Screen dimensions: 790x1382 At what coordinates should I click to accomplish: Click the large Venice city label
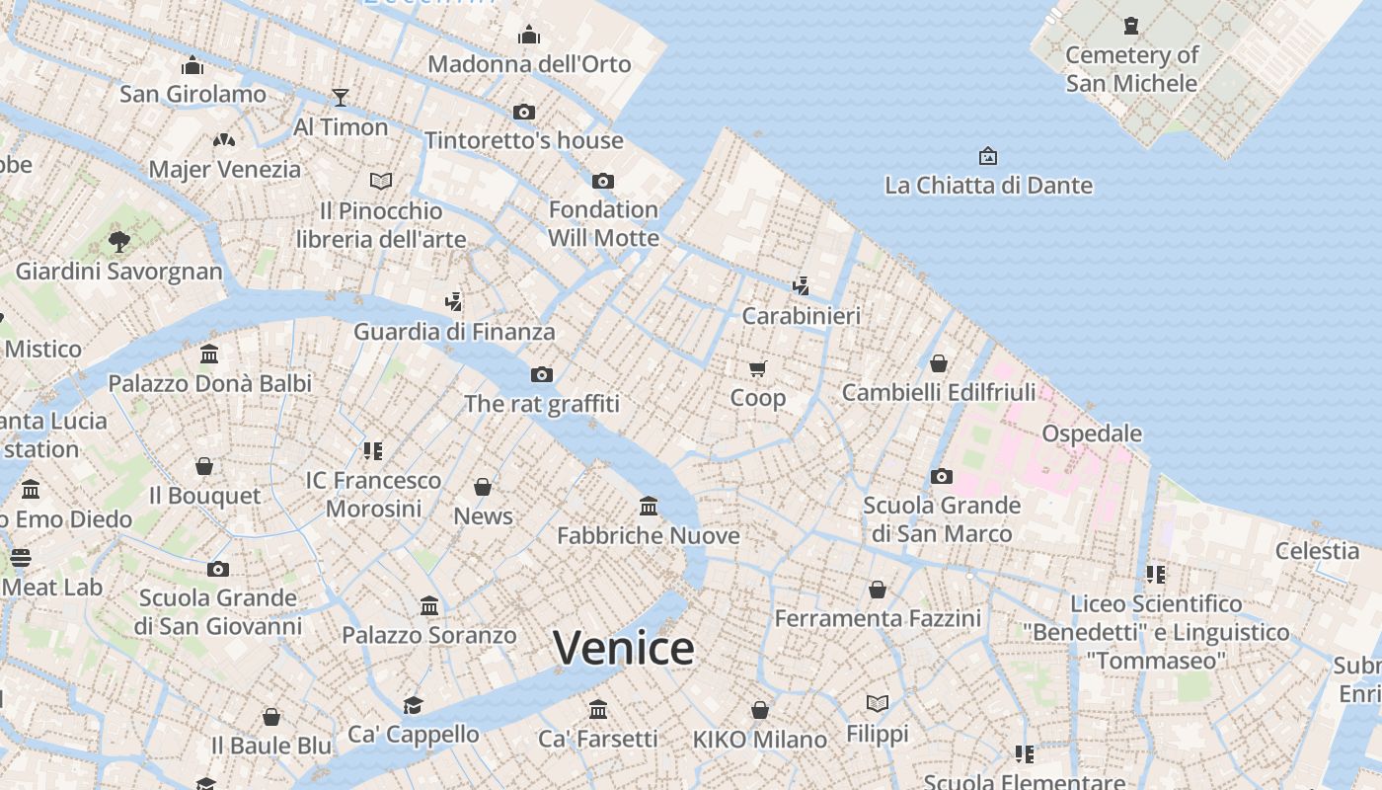click(624, 648)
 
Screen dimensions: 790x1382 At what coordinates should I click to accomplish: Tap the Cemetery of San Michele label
click(1131, 69)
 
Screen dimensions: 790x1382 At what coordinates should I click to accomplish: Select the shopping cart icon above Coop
click(757, 369)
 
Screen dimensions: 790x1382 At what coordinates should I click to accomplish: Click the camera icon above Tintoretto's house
click(524, 112)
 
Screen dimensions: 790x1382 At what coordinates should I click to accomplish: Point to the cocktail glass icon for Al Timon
click(341, 97)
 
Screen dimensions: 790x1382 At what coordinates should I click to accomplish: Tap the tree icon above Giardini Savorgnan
click(119, 241)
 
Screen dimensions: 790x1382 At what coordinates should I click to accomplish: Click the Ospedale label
click(1092, 434)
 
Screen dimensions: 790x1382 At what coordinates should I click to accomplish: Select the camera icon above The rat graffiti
click(541, 374)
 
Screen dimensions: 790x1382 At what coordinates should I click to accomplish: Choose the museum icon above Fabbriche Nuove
click(649, 507)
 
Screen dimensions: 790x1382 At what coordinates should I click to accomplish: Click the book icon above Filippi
click(878, 704)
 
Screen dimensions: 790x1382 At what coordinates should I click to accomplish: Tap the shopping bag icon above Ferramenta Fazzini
click(878, 590)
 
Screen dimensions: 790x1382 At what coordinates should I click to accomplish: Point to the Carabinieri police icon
click(801, 286)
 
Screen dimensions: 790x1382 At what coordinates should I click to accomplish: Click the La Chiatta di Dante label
click(988, 185)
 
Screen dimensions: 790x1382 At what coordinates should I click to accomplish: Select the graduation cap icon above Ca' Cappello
click(413, 705)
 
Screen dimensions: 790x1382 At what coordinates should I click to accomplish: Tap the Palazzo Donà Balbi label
click(209, 383)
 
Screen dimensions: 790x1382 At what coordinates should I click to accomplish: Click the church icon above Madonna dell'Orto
click(529, 36)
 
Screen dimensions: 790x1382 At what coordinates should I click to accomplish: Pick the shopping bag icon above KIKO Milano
click(759, 710)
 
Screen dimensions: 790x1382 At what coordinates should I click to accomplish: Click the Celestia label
click(1317, 550)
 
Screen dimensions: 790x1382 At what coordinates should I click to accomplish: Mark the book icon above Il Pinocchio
click(381, 181)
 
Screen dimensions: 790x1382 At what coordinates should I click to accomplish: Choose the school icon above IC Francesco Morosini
click(372, 451)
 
